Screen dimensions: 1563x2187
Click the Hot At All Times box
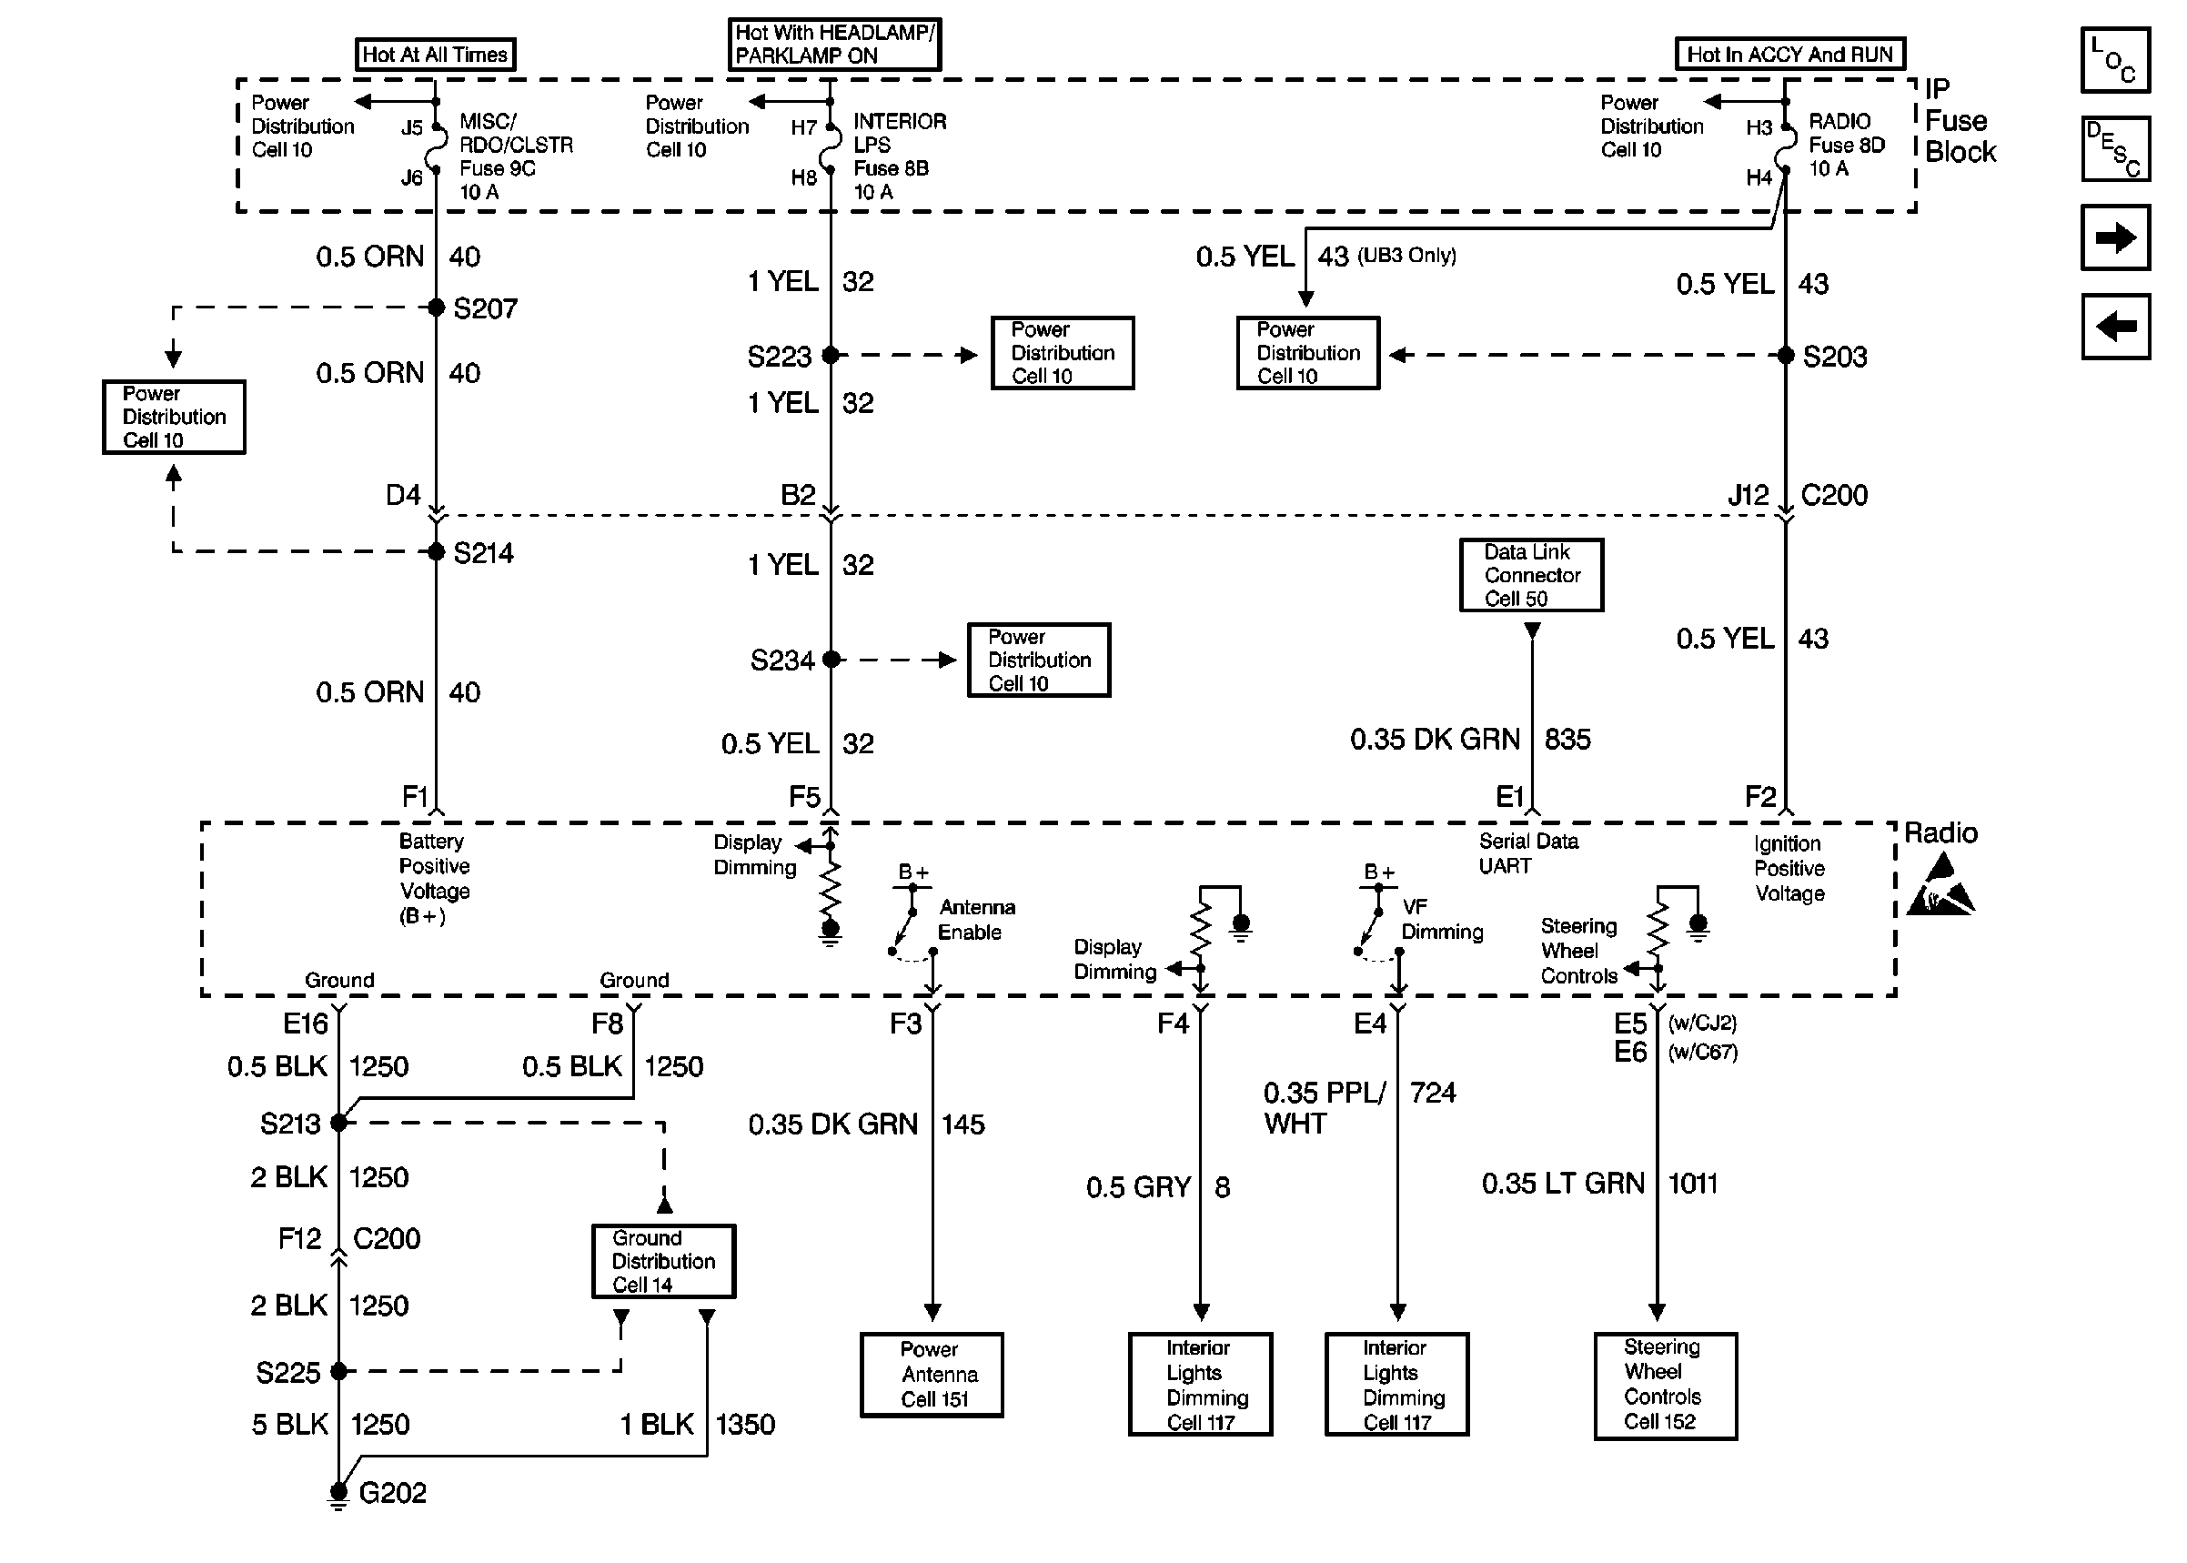pyautogui.click(x=435, y=54)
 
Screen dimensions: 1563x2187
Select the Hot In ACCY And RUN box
pyautogui.click(x=1789, y=54)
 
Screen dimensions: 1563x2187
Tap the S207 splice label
pyautogui.click(x=485, y=309)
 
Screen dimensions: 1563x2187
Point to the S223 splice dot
pyautogui.click(x=831, y=355)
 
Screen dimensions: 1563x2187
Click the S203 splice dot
pyautogui.click(x=1785, y=355)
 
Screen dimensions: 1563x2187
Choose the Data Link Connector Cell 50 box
pyautogui.click(x=1531, y=575)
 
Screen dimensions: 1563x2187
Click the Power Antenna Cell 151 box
pyautogui.click(x=932, y=1375)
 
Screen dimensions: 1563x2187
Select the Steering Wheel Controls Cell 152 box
pyautogui.click(x=1665, y=1385)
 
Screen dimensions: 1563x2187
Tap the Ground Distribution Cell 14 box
pyautogui.click(x=663, y=1261)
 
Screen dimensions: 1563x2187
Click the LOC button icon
pyautogui.click(x=2115, y=60)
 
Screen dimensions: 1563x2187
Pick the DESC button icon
pyautogui.click(x=2115, y=149)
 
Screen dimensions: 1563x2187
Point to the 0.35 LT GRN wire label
pyautogui.click(x=1563, y=1183)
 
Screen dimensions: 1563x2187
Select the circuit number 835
pyautogui.click(x=1567, y=739)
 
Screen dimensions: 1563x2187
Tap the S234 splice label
pyautogui.click(x=781, y=660)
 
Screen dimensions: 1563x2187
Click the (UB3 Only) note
pyautogui.click(x=1406, y=256)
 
